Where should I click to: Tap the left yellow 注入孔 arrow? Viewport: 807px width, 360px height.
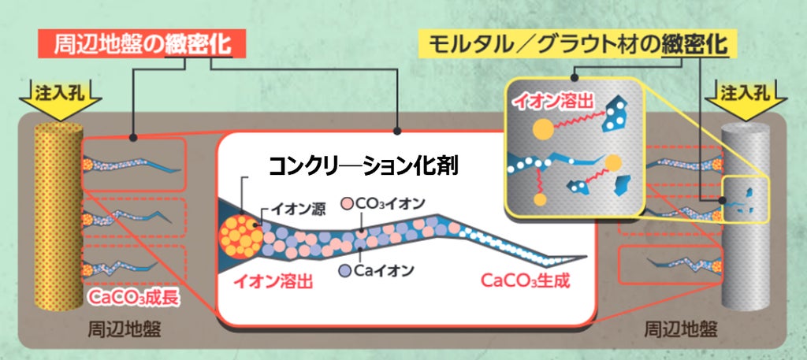coord(58,100)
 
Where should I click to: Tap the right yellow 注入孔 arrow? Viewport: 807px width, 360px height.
coord(746,100)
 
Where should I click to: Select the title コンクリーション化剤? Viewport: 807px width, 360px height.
coord(363,166)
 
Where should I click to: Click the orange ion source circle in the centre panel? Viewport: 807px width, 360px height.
coord(240,236)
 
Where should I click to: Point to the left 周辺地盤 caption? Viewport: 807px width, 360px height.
coord(124,328)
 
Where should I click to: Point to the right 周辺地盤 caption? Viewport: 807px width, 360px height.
coord(682,328)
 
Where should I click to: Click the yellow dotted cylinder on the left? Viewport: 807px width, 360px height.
coord(58,216)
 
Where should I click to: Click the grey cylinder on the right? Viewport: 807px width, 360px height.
coord(746,216)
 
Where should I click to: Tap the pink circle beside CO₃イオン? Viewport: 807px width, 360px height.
coord(348,204)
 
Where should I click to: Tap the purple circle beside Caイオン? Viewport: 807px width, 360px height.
coord(345,270)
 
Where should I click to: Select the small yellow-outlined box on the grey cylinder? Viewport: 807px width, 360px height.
coord(746,199)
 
